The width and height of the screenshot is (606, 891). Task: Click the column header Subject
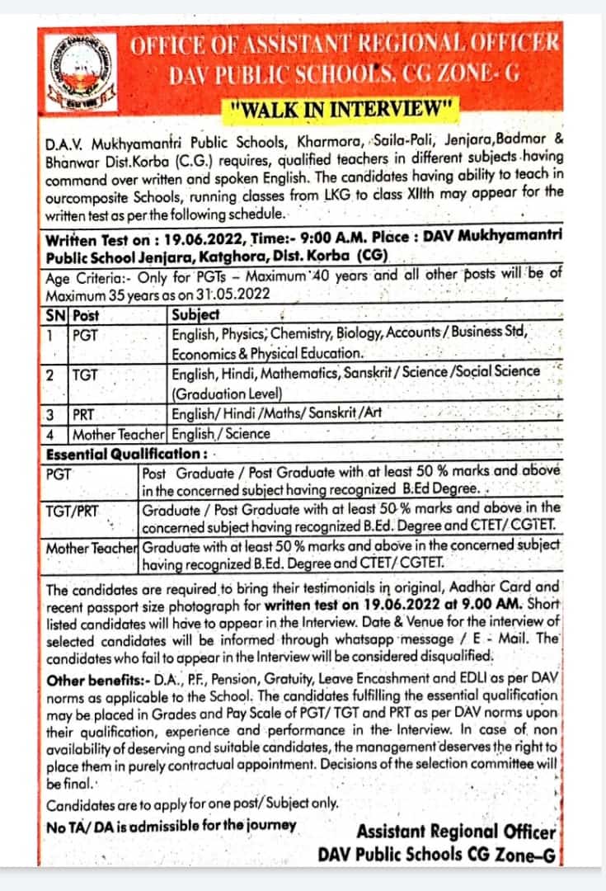pyautogui.click(x=195, y=314)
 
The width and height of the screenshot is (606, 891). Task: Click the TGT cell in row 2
pyautogui.click(x=85, y=374)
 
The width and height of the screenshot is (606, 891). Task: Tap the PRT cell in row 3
pyautogui.click(x=85, y=413)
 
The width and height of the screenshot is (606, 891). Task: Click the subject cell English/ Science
pyautogui.click(x=221, y=433)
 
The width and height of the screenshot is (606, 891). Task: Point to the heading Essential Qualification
pyautogui.click(x=124, y=453)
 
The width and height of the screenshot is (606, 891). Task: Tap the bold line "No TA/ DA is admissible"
pyautogui.click(x=171, y=825)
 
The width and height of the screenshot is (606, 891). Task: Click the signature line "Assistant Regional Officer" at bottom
pyautogui.click(x=457, y=832)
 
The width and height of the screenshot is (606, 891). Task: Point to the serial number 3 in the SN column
pyautogui.click(x=50, y=413)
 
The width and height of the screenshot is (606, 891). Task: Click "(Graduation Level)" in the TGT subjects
pyautogui.click(x=228, y=393)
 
